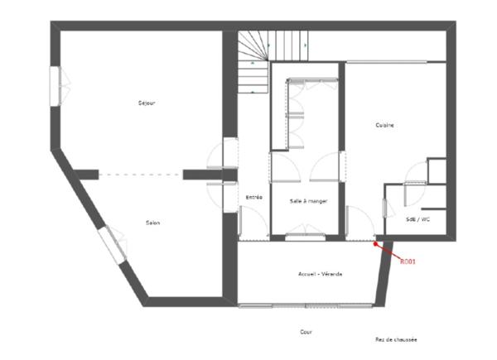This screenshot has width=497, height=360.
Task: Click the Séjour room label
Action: tap(147, 103)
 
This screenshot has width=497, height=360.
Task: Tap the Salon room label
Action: tap(152, 223)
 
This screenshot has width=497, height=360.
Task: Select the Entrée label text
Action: tap(254, 197)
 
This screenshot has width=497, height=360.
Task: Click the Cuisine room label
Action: tap(384, 125)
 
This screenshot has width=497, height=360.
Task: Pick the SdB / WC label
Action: tap(417, 220)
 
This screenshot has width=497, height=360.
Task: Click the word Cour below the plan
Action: tap(306, 331)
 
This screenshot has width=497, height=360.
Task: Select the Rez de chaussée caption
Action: tap(395, 339)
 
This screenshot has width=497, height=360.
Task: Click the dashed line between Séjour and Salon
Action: tap(140, 174)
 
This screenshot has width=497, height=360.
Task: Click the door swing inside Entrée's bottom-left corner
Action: tap(246, 222)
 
